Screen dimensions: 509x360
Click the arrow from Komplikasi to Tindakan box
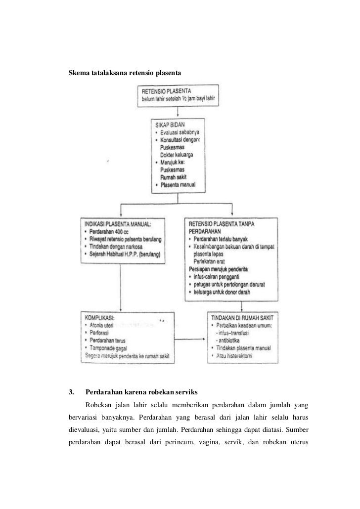coord(190,339)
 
